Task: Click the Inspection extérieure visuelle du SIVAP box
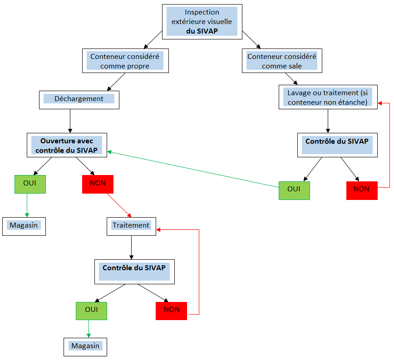202,22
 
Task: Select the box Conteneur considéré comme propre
125,61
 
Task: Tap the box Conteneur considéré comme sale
281,61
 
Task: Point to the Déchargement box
79,99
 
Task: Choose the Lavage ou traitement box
327,97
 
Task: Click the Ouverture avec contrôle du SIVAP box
67,145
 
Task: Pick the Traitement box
131,225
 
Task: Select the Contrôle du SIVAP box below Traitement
134,272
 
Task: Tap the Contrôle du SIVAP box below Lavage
336,145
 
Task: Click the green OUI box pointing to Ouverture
294,190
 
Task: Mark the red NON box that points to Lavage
361,190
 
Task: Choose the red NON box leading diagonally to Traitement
98,184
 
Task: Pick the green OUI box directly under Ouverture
30,184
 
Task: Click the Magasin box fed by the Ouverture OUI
24,225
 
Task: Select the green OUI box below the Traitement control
91,311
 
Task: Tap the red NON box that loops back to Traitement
171,311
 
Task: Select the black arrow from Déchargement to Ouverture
70,120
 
